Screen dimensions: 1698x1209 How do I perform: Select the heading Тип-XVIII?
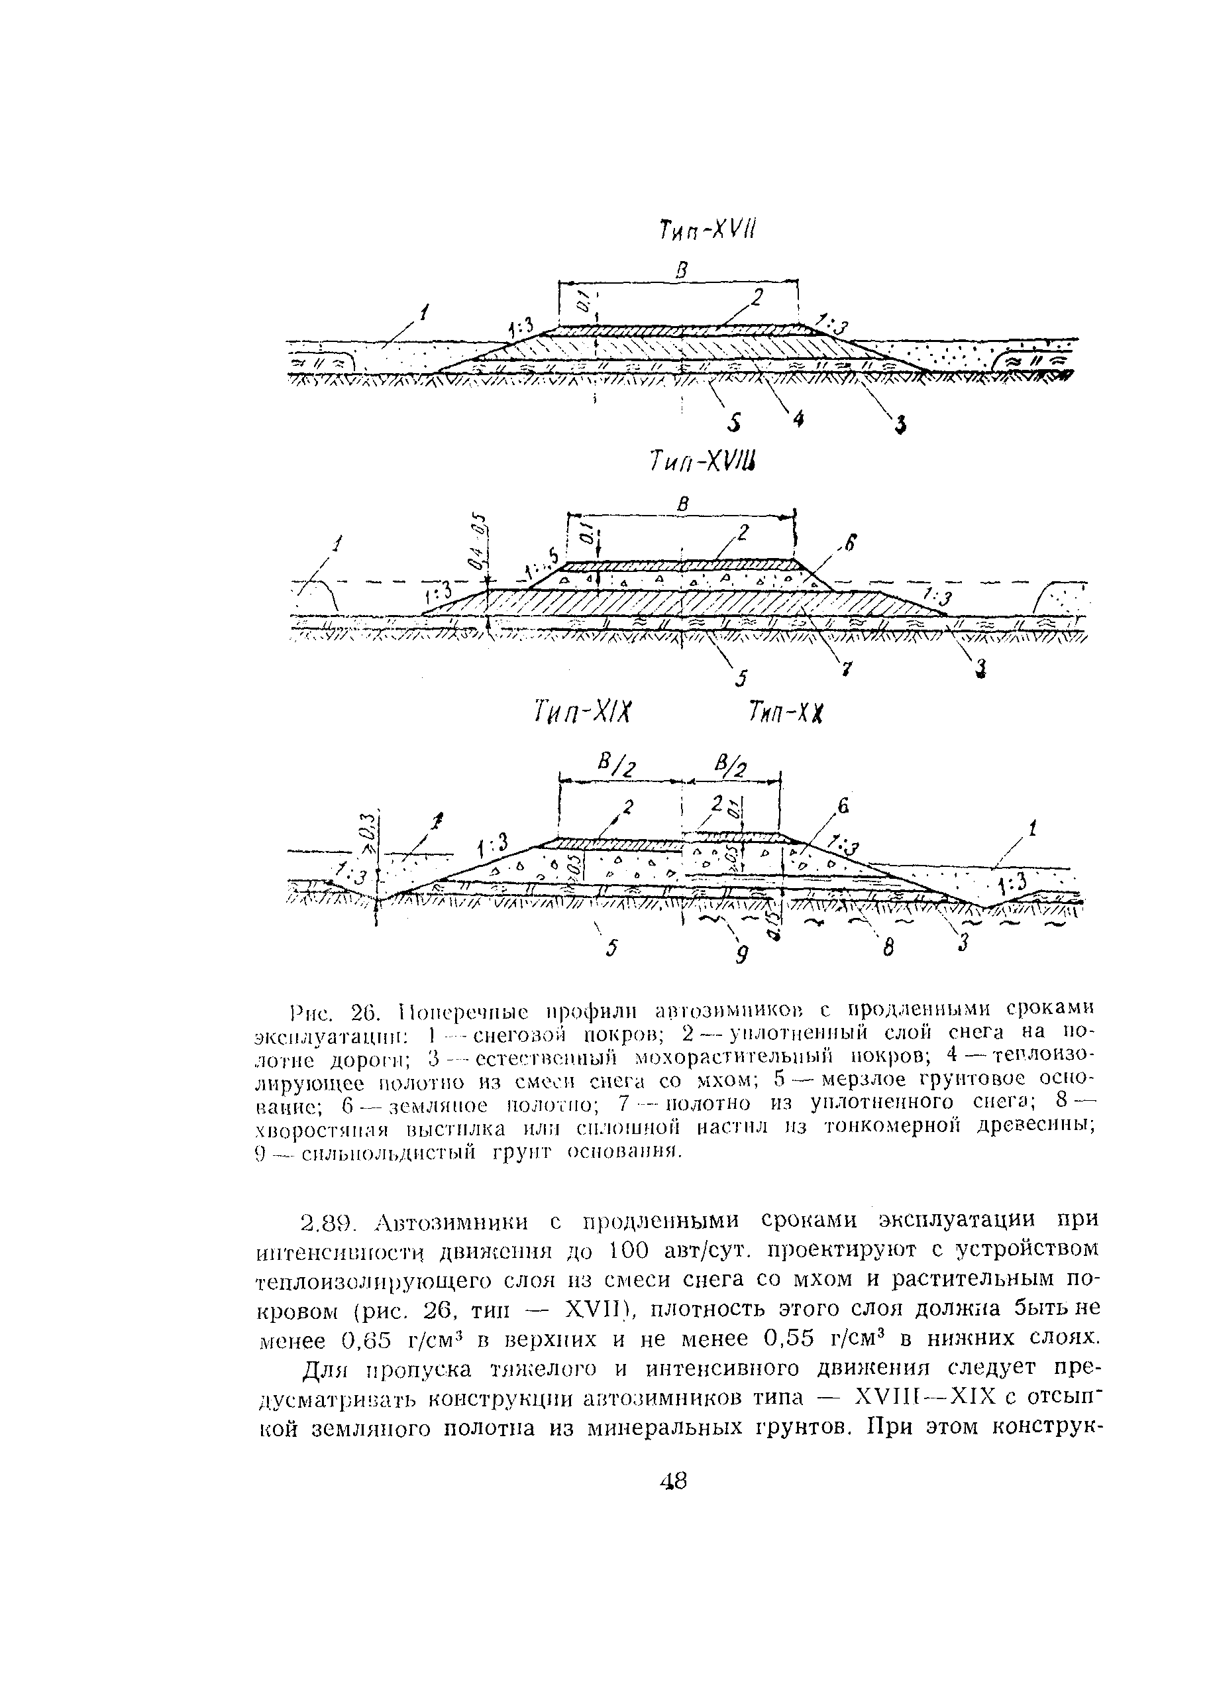(704, 464)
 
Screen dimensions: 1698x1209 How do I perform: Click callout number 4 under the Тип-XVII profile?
(798, 420)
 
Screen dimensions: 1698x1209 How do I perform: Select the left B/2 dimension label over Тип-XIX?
(619, 764)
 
